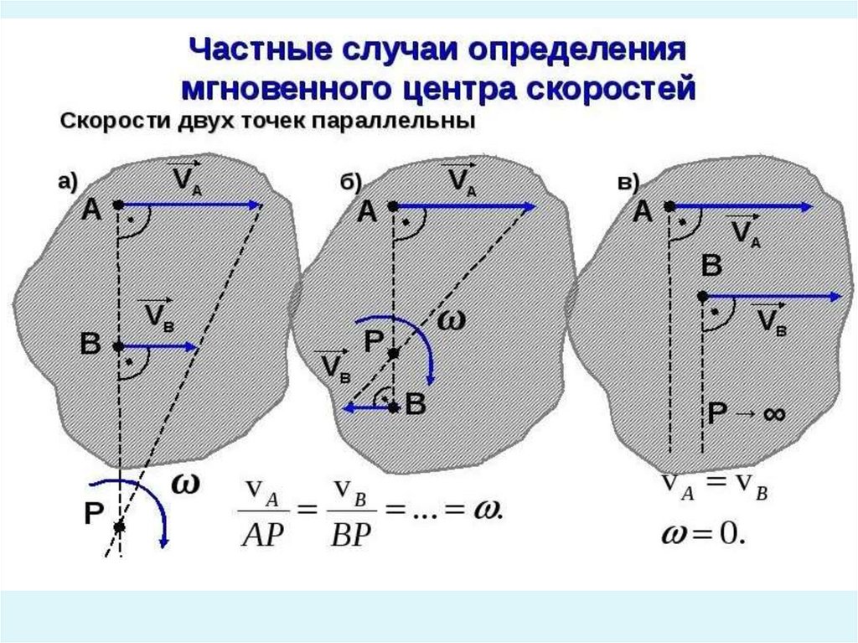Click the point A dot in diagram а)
pyautogui.click(x=118, y=205)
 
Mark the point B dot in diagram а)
pyautogui.click(x=118, y=345)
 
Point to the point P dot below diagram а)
pyautogui.click(x=119, y=526)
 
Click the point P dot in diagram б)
pyautogui.click(x=393, y=354)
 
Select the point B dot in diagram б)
pyautogui.click(x=393, y=407)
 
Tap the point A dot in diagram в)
pyautogui.click(x=669, y=205)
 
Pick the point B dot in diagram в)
pyautogui.click(x=703, y=296)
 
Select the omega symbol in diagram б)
pyautogui.click(x=450, y=320)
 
